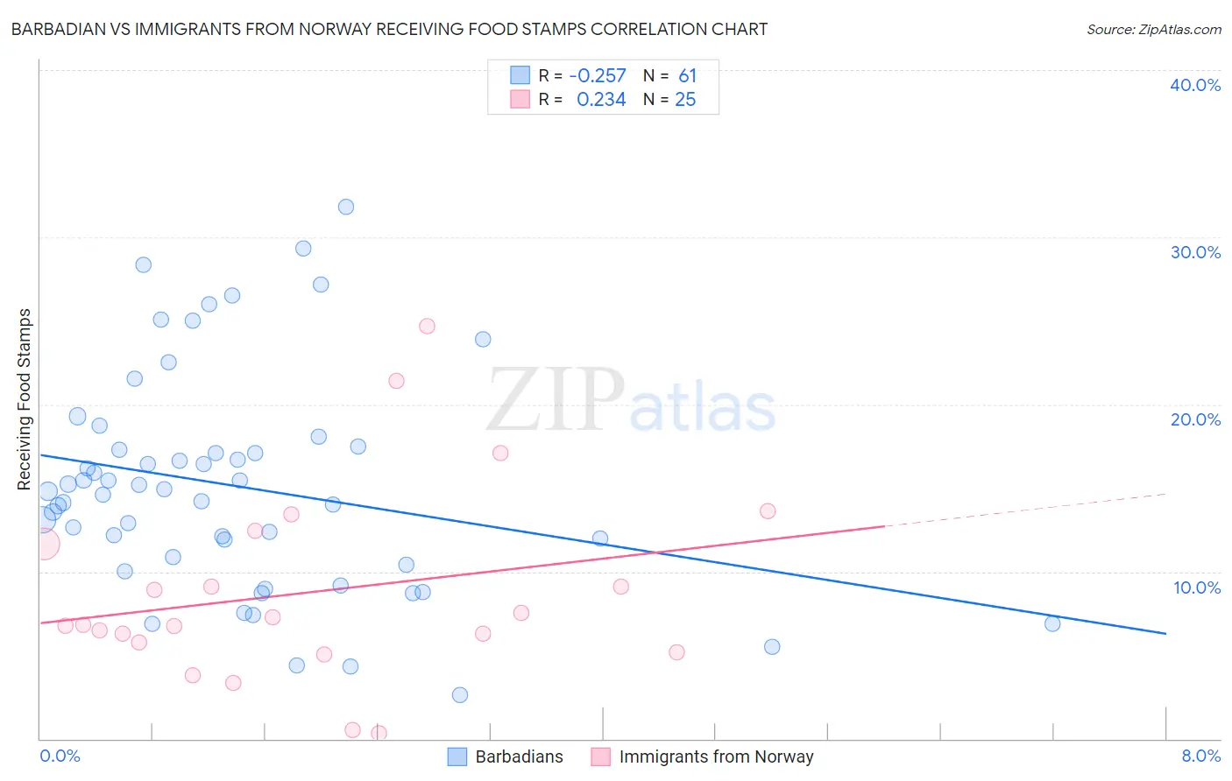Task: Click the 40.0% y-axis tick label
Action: pyautogui.click(x=1195, y=85)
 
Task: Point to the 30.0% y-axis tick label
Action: pyautogui.click(x=1195, y=252)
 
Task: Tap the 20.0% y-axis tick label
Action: pyautogui.click(x=1195, y=419)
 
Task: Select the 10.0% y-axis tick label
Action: pyautogui.click(x=1197, y=588)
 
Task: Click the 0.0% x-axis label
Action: pyautogui.click(x=60, y=756)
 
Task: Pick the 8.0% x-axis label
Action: pyautogui.click(x=1200, y=756)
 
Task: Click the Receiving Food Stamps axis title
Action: pyautogui.click(x=25, y=399)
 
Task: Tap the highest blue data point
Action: pyautogui.click(x=346, y=207)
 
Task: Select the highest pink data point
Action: pyautogui.click(x=427, y=326)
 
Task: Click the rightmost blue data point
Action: pyautogui.click(x=1052, y=623)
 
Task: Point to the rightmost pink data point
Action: pyautogui.click(x=768, y=511)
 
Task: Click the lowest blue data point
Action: pyautogui.click(x=460, y=695)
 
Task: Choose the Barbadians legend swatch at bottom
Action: pyautogui.click(x=457, y=756)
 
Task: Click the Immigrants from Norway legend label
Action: pyautogui.click(x=716, y=756)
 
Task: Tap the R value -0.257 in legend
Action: pyautogui.click(x=598, y=76)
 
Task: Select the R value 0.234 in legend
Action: pyautogui.click(x=601, y=100)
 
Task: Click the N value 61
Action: pyautogui.click(x=687, y=76)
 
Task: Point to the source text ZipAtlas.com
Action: pyautogui.click(x=1153, y=30)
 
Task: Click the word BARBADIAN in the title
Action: pyautogui.click(x=54, y=30)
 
